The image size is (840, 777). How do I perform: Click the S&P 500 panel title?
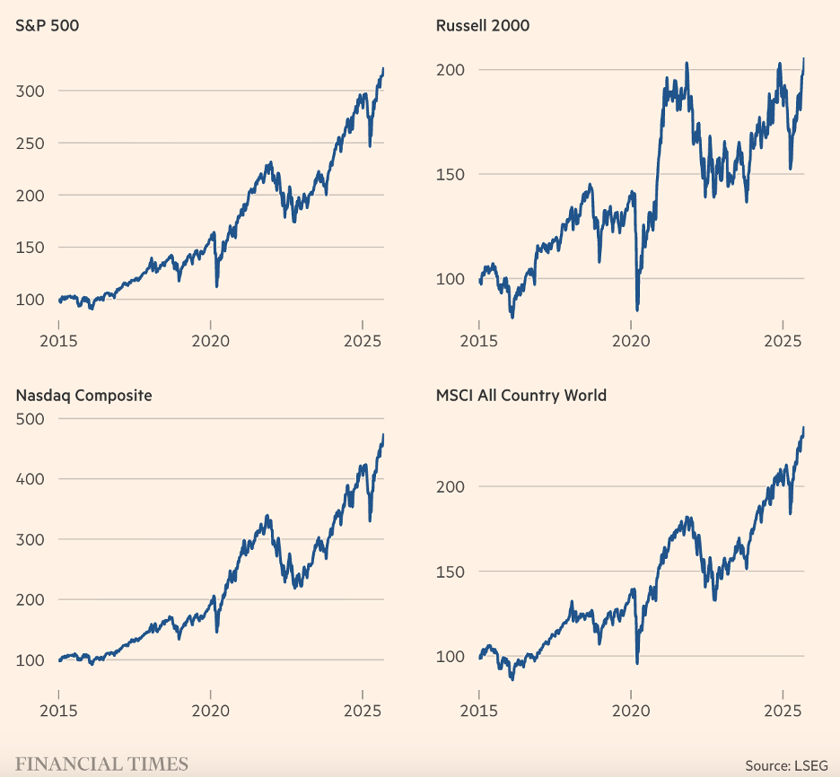tap(48, 25)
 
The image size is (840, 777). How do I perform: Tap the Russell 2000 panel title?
tap(482, 25)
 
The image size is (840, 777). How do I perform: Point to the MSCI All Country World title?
tap(521, 395)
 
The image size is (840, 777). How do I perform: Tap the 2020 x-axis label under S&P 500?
tap(210, 341)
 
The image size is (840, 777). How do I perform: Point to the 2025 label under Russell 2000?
tap(783, 341)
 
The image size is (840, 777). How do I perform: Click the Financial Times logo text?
tap(101, 764)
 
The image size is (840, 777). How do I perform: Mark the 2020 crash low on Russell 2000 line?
tap(637, 310)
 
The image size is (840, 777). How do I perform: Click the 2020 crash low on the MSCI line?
tap(637, 663)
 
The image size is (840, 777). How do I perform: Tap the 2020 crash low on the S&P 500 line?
tap(216, 286)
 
